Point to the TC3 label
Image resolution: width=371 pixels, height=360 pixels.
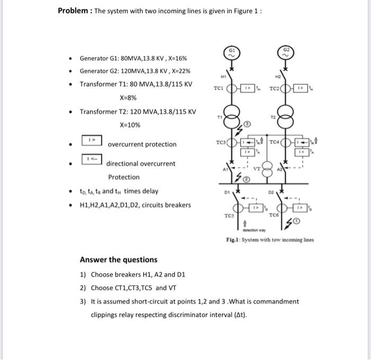pos(221,142)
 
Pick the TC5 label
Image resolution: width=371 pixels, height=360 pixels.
pos(229,215)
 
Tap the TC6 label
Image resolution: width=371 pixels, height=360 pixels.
pos(273,215)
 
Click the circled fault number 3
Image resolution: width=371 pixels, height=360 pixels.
pos(248,124)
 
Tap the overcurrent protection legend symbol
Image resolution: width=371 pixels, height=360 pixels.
pos(91,141)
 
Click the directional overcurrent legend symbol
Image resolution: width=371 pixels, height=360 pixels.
pos(91,158)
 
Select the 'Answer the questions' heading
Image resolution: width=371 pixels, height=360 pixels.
pos(118,259)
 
